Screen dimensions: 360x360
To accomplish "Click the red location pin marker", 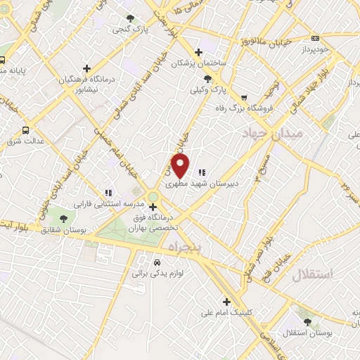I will click(181, 166).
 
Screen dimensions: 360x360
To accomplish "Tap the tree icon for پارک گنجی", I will click(129, 19).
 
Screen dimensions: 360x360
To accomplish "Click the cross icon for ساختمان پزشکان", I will click(200, 52).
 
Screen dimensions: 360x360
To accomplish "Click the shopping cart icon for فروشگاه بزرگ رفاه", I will click(244, 98).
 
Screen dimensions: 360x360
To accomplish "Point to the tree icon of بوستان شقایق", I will click(64, 219).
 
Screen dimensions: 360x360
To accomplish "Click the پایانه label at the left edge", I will click(13, 70).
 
